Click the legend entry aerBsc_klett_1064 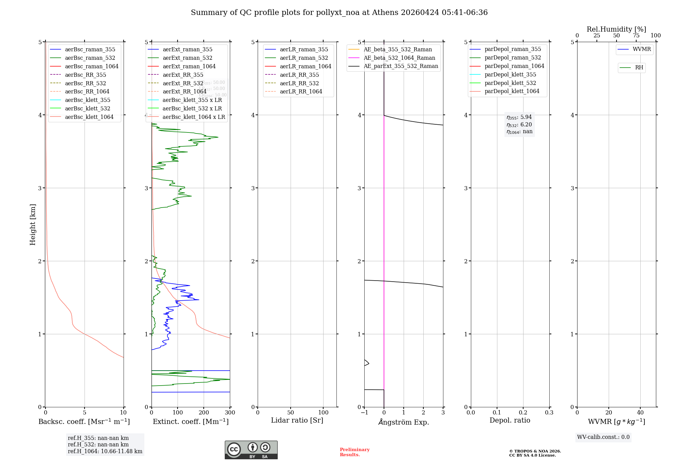89,117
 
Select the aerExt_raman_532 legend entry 187,58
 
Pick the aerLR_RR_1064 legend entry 301,91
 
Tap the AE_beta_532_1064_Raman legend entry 399,58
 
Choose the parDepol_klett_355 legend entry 510,74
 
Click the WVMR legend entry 642,49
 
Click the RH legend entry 639,68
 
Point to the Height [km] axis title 33,225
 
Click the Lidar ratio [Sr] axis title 297,420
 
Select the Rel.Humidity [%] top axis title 616,29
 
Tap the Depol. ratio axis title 510,420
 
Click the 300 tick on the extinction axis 230,413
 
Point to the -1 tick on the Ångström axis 364,413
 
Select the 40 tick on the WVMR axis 640,413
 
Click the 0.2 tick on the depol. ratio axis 523,413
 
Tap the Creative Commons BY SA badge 251,450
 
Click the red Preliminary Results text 354,452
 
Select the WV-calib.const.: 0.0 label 603,437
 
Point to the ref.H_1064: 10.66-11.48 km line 105,451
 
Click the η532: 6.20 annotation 519,125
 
